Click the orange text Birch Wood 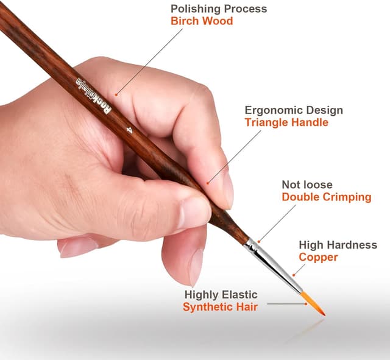point(201,21)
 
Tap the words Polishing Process point(219,9)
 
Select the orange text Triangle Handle point(286,122)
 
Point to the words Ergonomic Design point(294,110)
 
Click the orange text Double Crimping point(326,197)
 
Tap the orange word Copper point(318,257)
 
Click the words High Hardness point(338,245)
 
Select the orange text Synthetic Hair point(220,306)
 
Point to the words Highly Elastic point(221,295)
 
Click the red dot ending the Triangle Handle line point(208,182)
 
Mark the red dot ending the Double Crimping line point(258,242)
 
